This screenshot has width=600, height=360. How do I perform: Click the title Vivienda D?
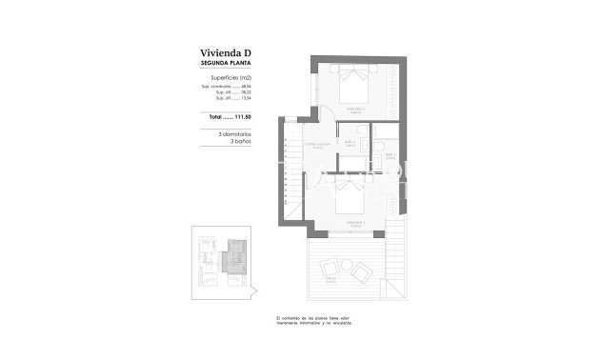coord(229,52)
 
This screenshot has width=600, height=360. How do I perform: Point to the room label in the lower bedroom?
coord(359,225)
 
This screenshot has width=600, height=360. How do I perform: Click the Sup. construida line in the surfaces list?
coord(229,87)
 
